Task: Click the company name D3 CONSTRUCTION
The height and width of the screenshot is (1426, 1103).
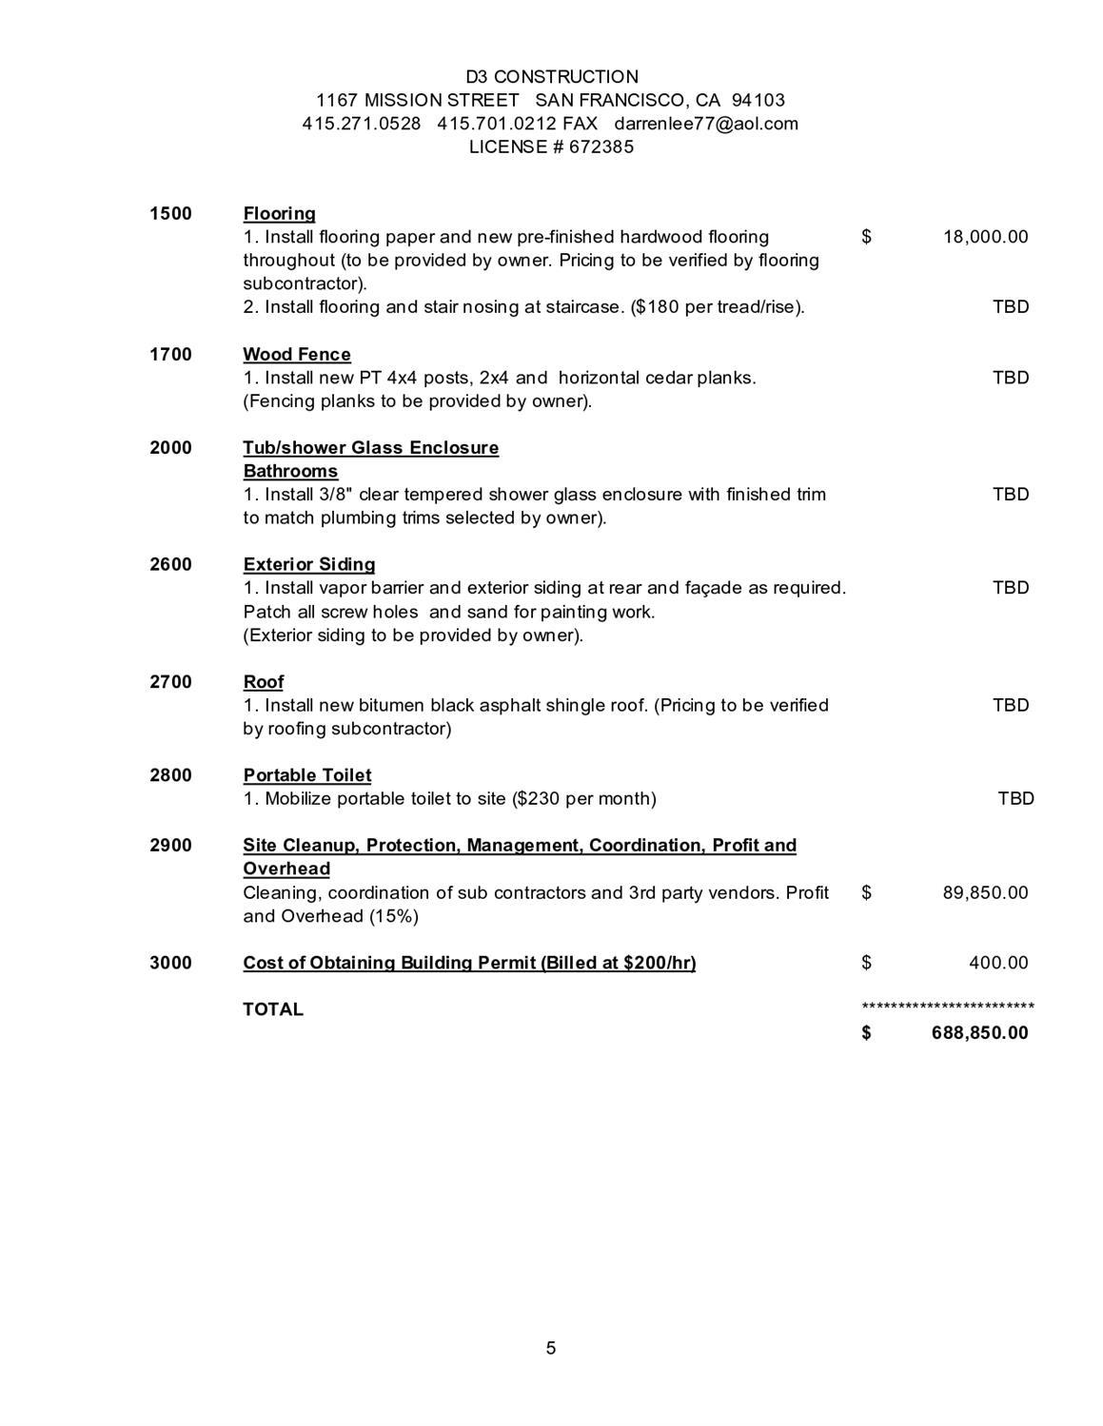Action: (x=551, y=77)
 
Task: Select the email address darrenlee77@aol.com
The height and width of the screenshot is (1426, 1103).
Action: (x=705, y=124)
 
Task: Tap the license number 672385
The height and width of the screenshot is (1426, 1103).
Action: (x=601, y=147)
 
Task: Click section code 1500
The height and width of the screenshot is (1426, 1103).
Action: (x=170, y=214)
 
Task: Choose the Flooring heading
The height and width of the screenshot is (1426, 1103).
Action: (x=279, y=214)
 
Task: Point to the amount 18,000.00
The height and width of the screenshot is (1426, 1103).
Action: (x=985, y=237)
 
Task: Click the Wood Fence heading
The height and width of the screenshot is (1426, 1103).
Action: (x=297, y=355)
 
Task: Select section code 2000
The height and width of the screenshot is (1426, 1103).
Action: (x=170, y=448)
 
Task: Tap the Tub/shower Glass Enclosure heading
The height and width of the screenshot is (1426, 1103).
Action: (x=370, y=448)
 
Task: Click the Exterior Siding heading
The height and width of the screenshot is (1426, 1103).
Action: (x=309, y=565)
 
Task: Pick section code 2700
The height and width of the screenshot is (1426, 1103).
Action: (x=170, y=682)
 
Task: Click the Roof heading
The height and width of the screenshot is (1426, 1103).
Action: (x=264, y=682)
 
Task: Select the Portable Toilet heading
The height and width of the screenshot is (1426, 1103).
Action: (x=307, y=775)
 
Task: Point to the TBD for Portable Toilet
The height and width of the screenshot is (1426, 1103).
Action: (x=1015, y=799)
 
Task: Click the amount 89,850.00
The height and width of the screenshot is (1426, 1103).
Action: (x=985, y=893)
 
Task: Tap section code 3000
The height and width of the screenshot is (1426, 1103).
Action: (x=170, y=963)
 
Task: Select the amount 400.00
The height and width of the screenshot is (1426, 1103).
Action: (x=998, y=963)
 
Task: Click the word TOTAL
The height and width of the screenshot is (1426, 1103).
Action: (x=273, y=1010)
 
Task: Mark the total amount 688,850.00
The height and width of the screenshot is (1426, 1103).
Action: (x=979, y=1033)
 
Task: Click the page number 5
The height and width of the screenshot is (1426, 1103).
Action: (x=551, y=1348)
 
